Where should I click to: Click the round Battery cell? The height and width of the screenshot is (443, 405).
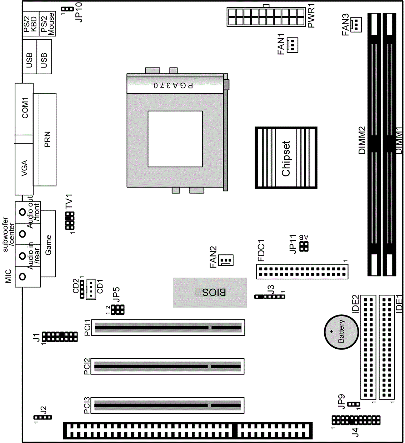(x=341, y=332)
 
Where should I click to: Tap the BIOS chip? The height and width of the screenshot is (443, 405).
(x=210, y=292)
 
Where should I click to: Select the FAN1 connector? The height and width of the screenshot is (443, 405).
(x=292, y=45)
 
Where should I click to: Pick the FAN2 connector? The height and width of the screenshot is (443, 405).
(x=226, y=260)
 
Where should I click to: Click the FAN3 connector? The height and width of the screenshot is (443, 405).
(x=356, y=25)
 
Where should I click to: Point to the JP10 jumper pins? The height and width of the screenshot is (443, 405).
(x=67, y=9)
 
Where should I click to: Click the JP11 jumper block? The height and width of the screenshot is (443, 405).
(x=304, y=247)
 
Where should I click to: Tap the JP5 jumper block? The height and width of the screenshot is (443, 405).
(x=118, y=310)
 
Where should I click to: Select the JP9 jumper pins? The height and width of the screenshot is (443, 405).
(x=354, y=404)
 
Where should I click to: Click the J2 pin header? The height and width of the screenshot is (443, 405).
(x=42, y=418)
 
